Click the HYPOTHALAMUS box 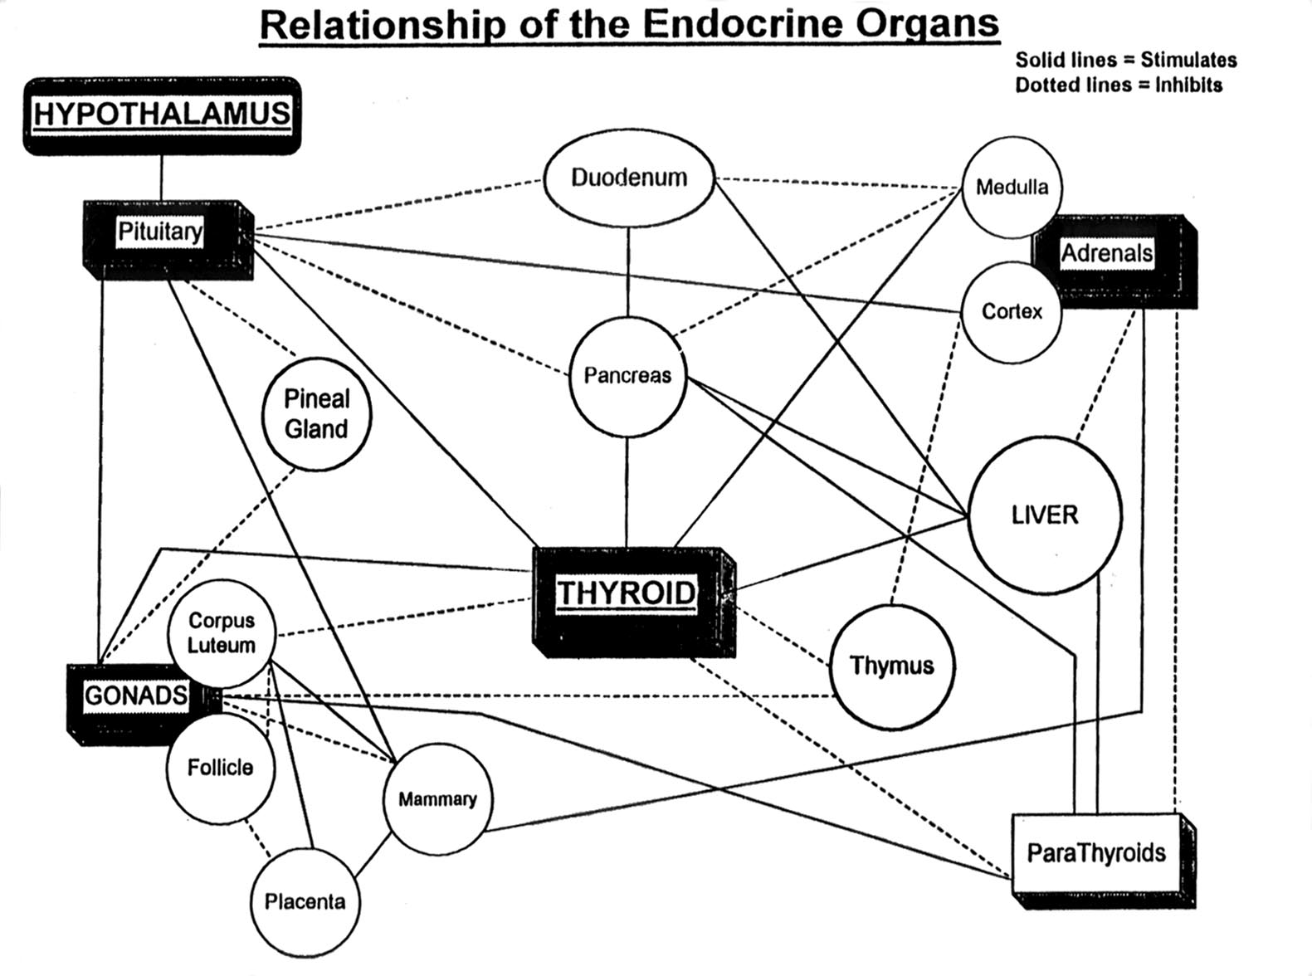click(x=162, y=115)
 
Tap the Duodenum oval click(x=629, y=178)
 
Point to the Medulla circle click(x=1012, y=188)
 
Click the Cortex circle click(x=1012, y=312)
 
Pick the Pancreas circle click(x=627, y=376)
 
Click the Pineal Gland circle click(x=316, y=414)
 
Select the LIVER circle click(x=1045, y=515)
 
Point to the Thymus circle click(x=892, y=666)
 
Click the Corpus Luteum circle click(x=221, y=634)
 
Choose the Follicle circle click(x=220, y=769)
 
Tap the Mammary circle click(x=437, y=799)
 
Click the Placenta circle click(x=305, y=902)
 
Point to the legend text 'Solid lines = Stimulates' click(x=1125, y=60)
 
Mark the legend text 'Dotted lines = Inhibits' click(x=1118, y=85)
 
